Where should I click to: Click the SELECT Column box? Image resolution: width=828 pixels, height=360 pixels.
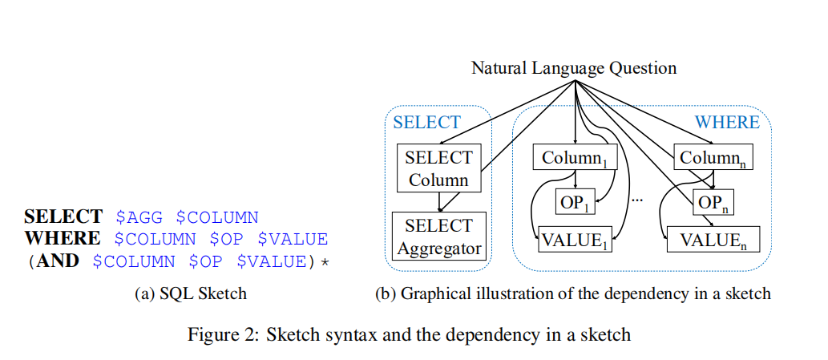point(438,168)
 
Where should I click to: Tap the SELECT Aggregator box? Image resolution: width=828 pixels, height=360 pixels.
point(439,237)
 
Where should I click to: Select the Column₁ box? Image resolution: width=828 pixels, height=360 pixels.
point(575,158)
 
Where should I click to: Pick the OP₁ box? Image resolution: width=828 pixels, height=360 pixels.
point(576,204)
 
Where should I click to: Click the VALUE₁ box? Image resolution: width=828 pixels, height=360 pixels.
point(575,240)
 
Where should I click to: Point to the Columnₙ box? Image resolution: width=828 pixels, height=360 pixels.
point(713,158)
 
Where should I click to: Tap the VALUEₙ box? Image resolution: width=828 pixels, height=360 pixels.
point(713,240)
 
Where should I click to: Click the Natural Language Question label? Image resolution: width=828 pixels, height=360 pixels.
point(573,67)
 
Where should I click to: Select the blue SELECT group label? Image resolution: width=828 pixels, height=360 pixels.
point(426,122)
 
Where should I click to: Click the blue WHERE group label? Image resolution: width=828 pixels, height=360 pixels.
point(726,122)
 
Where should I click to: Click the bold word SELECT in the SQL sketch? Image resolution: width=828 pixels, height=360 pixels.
point(63,216)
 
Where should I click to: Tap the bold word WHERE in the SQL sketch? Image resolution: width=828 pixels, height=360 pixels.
point(63,239)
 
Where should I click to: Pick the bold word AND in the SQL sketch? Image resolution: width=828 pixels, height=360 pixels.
point(55,261)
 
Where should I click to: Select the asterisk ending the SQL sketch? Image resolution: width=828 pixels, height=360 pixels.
point(325,262)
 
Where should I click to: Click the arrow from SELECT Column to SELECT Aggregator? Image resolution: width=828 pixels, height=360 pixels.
point(438,201)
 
